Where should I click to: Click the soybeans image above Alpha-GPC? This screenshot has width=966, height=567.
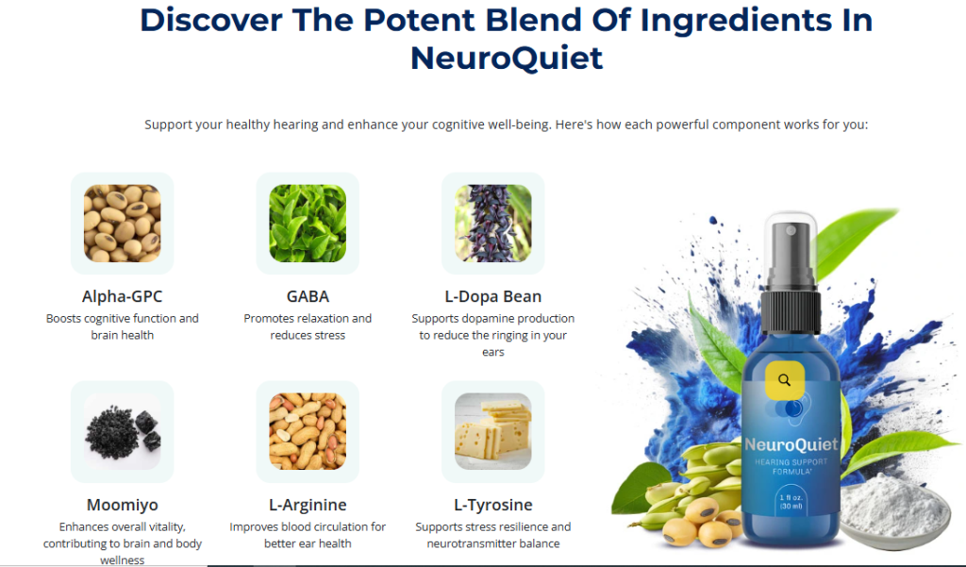pos(122,223)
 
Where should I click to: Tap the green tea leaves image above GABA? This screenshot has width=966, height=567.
pos(308,223)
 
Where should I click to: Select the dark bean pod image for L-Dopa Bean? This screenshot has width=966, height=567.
pos(492,223)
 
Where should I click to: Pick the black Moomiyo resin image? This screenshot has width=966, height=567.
pos(122,431)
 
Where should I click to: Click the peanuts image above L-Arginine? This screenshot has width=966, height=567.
pos(308,431)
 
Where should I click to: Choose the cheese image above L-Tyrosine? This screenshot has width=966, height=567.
pos(492,431)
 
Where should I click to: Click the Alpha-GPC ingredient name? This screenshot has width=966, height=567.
pos(122,296)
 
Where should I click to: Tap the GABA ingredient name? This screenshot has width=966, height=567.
pos(308,296)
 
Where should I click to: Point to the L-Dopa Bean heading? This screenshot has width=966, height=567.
pos(492,296)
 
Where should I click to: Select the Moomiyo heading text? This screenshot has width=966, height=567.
pos(122,505)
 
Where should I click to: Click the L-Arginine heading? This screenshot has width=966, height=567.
pos(308,505)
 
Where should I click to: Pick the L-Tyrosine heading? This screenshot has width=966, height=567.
pos(492,505)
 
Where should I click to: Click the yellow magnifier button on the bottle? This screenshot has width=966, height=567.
pos(784,380)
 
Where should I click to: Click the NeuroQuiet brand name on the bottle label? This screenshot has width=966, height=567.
pos(791,444)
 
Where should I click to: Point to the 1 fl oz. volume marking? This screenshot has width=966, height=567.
pos(791,497)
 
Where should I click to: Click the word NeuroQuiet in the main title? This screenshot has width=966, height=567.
pos(507,58)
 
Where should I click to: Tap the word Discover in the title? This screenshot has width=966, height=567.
pos(210,20)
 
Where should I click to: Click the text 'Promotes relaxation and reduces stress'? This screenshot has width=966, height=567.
pos(308,326)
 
